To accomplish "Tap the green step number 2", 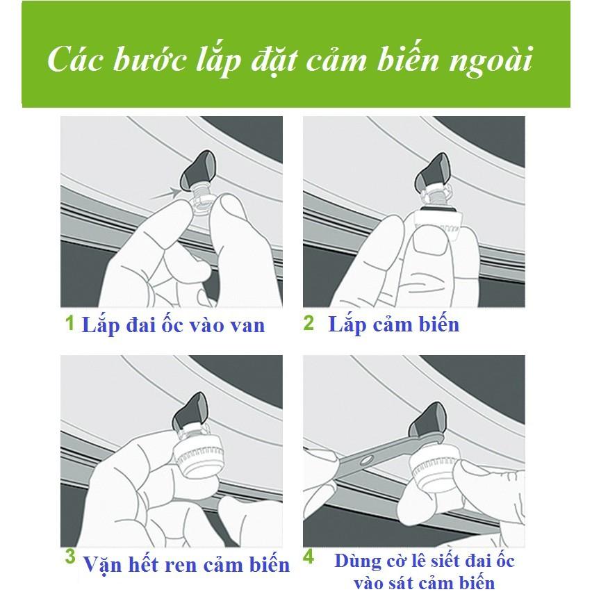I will point(309,323).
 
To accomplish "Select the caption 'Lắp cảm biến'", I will point(393,324).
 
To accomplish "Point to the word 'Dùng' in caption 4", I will point(356,561).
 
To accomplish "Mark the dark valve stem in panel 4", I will point(424,426).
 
